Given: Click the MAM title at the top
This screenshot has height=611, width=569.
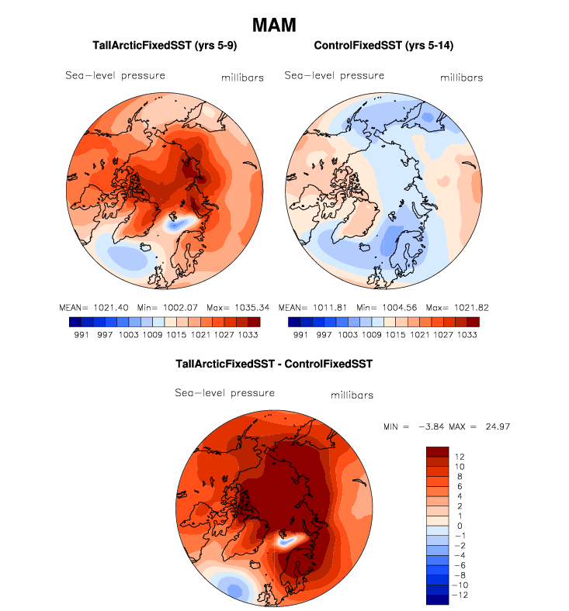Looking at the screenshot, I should (275, 25).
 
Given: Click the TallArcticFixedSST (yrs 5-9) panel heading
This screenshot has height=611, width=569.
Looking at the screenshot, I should (164, 47).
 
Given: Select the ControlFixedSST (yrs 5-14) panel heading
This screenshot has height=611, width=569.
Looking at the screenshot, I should (383, 47).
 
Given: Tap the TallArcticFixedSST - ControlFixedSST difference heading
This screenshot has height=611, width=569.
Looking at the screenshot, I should (274, 364).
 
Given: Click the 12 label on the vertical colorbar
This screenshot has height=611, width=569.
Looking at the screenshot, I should (460, 456).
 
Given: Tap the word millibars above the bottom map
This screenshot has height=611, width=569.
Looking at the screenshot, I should (352, 395).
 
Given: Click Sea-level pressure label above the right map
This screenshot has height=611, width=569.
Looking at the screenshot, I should (335, 75).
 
